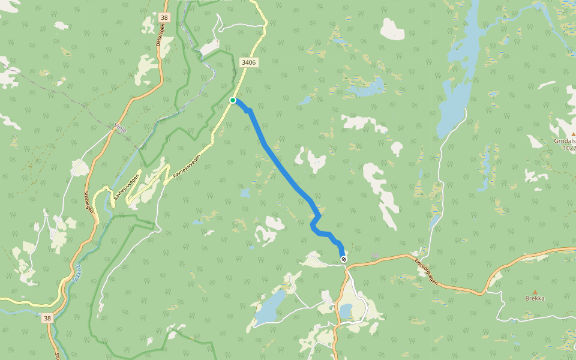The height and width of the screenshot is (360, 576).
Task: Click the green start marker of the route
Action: (x=233, y=100)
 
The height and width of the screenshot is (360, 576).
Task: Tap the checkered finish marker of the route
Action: (x=343, y=259)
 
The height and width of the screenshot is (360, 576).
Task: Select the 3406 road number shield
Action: (x=248, y=62)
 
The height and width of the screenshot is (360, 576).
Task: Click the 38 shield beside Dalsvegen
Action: (x=164, y=18)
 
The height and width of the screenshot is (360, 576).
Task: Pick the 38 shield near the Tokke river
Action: (x=47, y=317)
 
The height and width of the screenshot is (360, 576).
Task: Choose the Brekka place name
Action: (x=535, y=298)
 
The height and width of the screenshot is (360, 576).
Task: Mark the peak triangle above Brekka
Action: (x=535, y=292)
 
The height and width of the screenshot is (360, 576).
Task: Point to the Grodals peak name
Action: (x=565, y=142)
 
